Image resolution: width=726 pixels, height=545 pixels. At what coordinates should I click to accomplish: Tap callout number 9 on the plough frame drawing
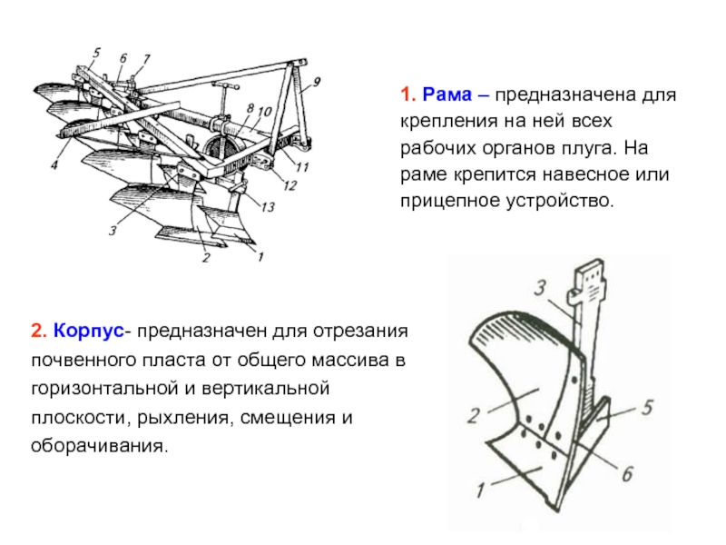tap(318, 83)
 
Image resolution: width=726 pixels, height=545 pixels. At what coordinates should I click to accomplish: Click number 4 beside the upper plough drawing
tap(54, 165)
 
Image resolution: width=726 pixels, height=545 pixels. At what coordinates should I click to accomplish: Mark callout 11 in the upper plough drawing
tap(302, 166)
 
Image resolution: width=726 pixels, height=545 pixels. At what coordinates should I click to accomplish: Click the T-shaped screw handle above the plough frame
tap(221, 90)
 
